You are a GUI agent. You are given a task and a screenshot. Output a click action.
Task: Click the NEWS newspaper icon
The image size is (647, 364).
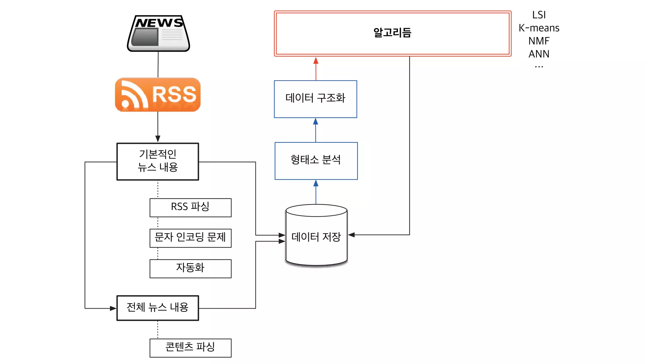pyautogui.click(x=158, y=33)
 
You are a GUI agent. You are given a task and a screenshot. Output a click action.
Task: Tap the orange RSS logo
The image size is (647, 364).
pyautogui.click(x=158, y=94)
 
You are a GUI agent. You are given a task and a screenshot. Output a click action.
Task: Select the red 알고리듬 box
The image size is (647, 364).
pyautogui.click(x=392, y=33)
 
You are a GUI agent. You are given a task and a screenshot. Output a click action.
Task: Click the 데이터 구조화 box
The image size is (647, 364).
pyautogui.click(x=315, y=99)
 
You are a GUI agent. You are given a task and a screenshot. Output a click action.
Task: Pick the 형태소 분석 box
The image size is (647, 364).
pyautogui.click(x=316, y=161)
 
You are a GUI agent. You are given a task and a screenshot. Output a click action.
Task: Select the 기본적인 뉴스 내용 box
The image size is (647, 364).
pyautogui.click(x=158, y=161)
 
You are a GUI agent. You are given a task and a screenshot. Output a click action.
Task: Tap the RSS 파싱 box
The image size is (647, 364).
pyautogui.click(x=190, y=207)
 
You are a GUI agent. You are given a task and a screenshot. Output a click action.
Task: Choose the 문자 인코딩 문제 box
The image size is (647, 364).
pyautogui.click(x=190, y=238)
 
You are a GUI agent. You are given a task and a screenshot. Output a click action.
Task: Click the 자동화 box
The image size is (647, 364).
pyautogui.click(x=190, y=268)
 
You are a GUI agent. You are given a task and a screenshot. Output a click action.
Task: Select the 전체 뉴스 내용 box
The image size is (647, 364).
pyautogui.click(x=158, y=308)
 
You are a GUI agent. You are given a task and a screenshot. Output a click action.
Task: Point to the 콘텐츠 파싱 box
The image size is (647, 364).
pyautogui.click(x=190, y=348)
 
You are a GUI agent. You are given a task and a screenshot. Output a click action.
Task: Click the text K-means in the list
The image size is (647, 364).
pyautogui.click(x=539, y=28)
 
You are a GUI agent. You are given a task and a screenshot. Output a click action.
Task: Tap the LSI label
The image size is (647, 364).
pyautogui.click(x=539, y=15)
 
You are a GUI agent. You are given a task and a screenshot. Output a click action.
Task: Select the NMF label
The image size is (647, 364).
pyautogui.click(x=539, y=41)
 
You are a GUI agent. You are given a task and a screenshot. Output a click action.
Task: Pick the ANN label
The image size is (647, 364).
pyautogui.click(x=539, y=54)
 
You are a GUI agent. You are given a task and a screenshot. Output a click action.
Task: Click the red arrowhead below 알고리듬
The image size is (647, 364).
pyautogui.click(x=316, y=61)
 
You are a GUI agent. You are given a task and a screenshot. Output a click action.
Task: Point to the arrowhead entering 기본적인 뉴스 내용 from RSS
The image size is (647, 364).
pyautogui.click(x=158, y=139)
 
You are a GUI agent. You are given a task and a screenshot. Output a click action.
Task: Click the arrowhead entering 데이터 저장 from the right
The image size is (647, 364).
pyautogui.click(x=351, y=235)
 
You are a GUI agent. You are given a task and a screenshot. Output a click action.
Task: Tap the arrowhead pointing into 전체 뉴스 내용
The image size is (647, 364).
pyautogui.click(x=113, y=308)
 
